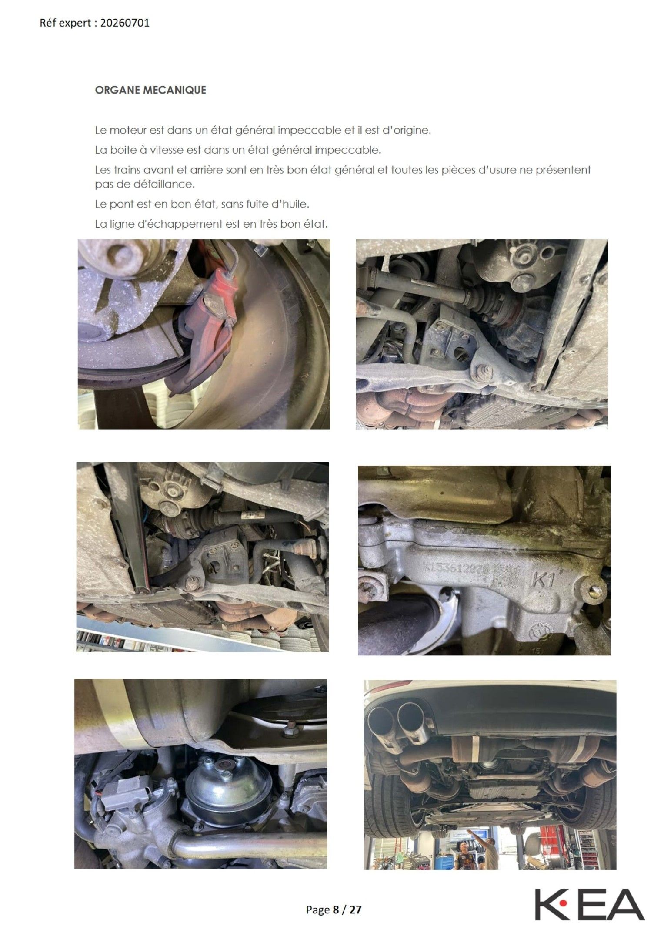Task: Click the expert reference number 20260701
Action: point(125,23)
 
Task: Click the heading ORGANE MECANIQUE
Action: point(150,90)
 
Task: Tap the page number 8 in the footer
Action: point(336,910)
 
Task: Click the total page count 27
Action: point(355,910)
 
